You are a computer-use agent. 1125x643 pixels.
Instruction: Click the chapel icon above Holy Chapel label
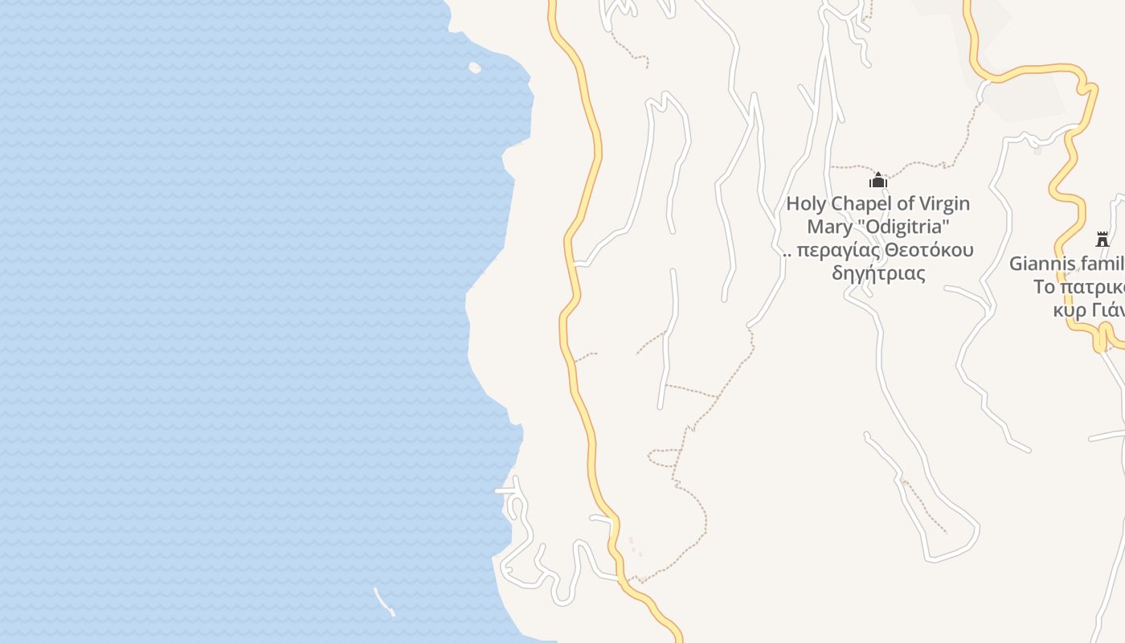[x=878, y=180]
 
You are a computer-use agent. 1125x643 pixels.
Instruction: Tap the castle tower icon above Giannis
[x=1102, y=240]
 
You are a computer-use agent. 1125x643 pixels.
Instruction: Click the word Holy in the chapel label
[x=807, y=204]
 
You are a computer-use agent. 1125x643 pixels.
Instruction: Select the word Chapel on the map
[x=863, y=204]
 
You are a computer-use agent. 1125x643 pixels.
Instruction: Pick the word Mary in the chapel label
[x=829, y=227]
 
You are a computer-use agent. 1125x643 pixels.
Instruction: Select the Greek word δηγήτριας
[x=878, y=273]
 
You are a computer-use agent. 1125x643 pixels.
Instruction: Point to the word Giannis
[x=1041, y=264]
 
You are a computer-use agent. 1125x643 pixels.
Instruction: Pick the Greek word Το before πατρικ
[x=1043, y=287]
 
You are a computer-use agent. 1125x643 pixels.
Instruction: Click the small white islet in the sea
[x=475, y=68]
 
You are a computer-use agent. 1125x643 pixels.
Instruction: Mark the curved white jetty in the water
[x=383, y=602]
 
